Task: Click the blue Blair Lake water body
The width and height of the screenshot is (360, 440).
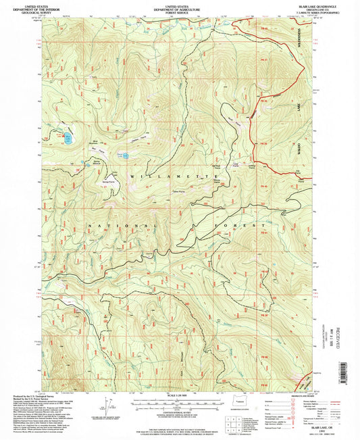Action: pos(68,139)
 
